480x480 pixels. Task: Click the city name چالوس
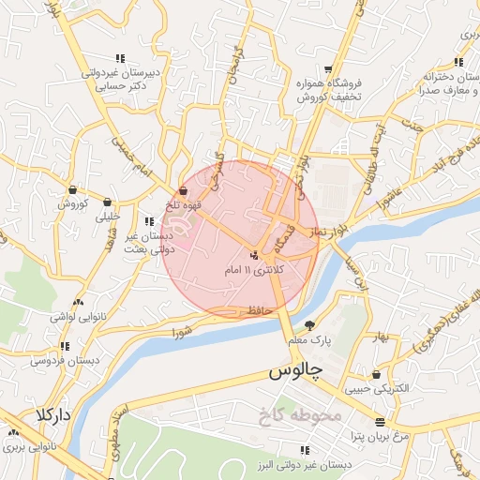295,370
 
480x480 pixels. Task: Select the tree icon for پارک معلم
310,324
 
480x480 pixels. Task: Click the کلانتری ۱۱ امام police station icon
255,255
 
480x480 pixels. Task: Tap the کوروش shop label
71,202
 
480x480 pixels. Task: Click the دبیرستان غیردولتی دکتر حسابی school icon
119,57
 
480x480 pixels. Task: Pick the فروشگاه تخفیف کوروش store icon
326,69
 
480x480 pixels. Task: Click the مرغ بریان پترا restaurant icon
380,422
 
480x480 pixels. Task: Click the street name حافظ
254,307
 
